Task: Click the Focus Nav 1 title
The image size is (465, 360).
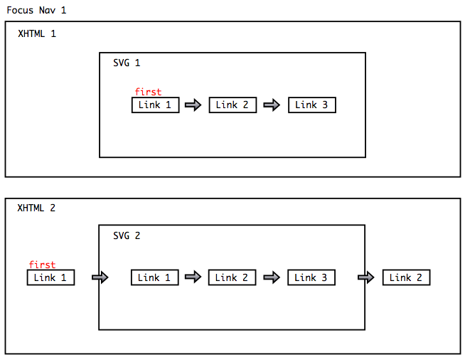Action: pyautogui.click(x=36, y=11)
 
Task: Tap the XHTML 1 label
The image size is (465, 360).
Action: pyautogui.click(x=36, y=33)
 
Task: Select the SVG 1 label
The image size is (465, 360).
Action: pyautogui.click(x=127, y=63)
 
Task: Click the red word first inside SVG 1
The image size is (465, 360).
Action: pyautogui.click(x=148, y=92)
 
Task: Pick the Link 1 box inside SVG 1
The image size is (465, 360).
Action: pyautogui.click(x=155, y=105)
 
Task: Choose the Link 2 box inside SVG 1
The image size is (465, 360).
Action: pyautogui.click(x=232, y=105)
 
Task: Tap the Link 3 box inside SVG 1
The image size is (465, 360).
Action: pyautogui.click(x=311, y=105)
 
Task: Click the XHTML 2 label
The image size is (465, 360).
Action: pyautogui.click(x=36, y=208)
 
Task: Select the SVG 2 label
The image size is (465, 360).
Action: pyautogui.click(x=127, y=235)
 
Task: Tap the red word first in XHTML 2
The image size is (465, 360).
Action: pyautogui.click(x=42, y=265)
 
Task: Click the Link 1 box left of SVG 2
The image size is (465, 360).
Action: pyautogui.click(x=50, y=277)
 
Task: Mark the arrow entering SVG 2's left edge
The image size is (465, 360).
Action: pyautogui.click(x=100, y=277)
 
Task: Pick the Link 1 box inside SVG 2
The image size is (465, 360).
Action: pyautogui.click(x=154, y=277)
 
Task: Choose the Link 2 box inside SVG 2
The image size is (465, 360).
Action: pyautogui.click(x=232, y=277)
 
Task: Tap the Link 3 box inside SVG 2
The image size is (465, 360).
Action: pyautogui.click(x=311, y=277)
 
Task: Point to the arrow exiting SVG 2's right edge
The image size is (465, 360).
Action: pyautogui.click(x=365, y=277)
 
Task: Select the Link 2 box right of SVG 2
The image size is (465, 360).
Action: pyautogui.click(x=406, y=277)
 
